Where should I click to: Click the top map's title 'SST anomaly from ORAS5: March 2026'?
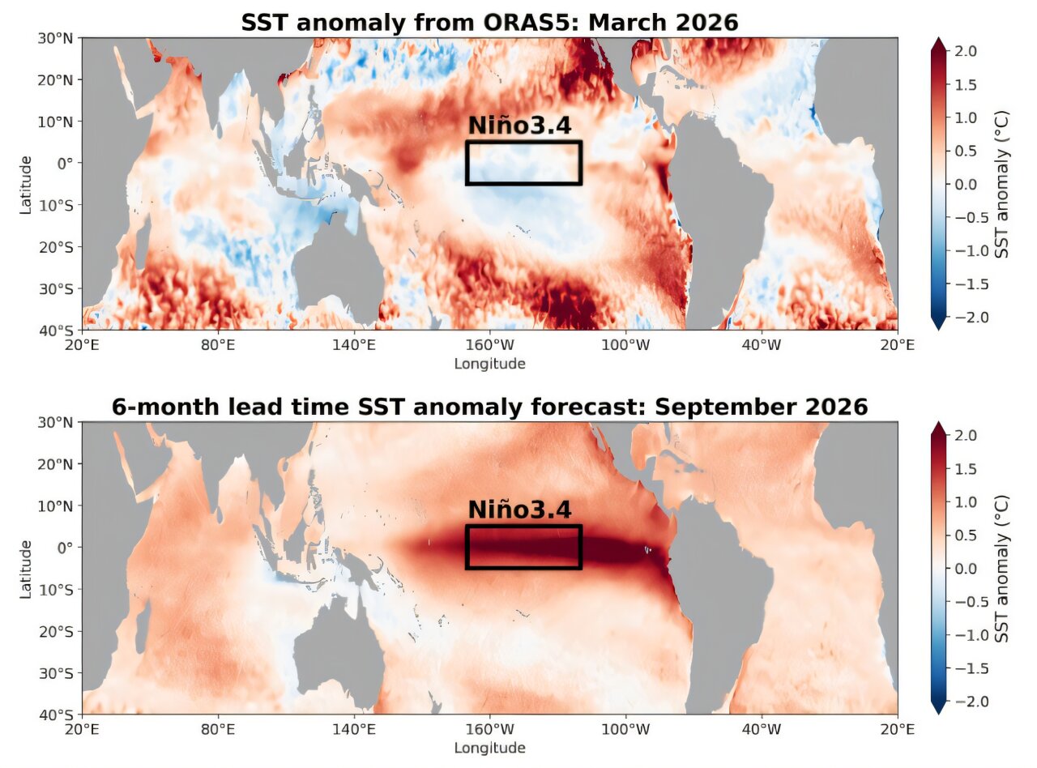tap(489, 22)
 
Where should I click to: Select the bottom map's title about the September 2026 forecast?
tap(489, 407)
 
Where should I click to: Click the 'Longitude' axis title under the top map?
tap(489, 364)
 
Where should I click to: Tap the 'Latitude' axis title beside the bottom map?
tap(27, 568)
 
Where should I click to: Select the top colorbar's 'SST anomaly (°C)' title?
tap(1002, 184)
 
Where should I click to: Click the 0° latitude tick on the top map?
tap(65, 163)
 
